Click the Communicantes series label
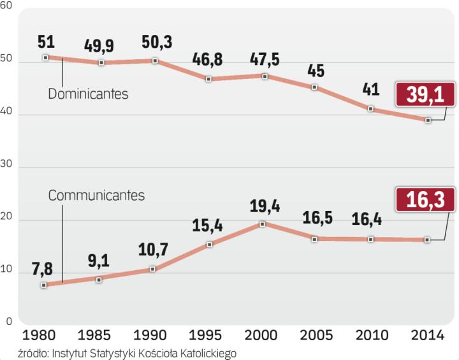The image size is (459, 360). click(97, 196)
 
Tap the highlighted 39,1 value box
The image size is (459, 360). click(424, 95)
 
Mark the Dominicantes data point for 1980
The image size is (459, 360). click(45, 57)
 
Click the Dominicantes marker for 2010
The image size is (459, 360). click(372, 109)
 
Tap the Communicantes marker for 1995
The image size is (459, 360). click(210, 244)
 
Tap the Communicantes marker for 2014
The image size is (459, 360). click(428, 240)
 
